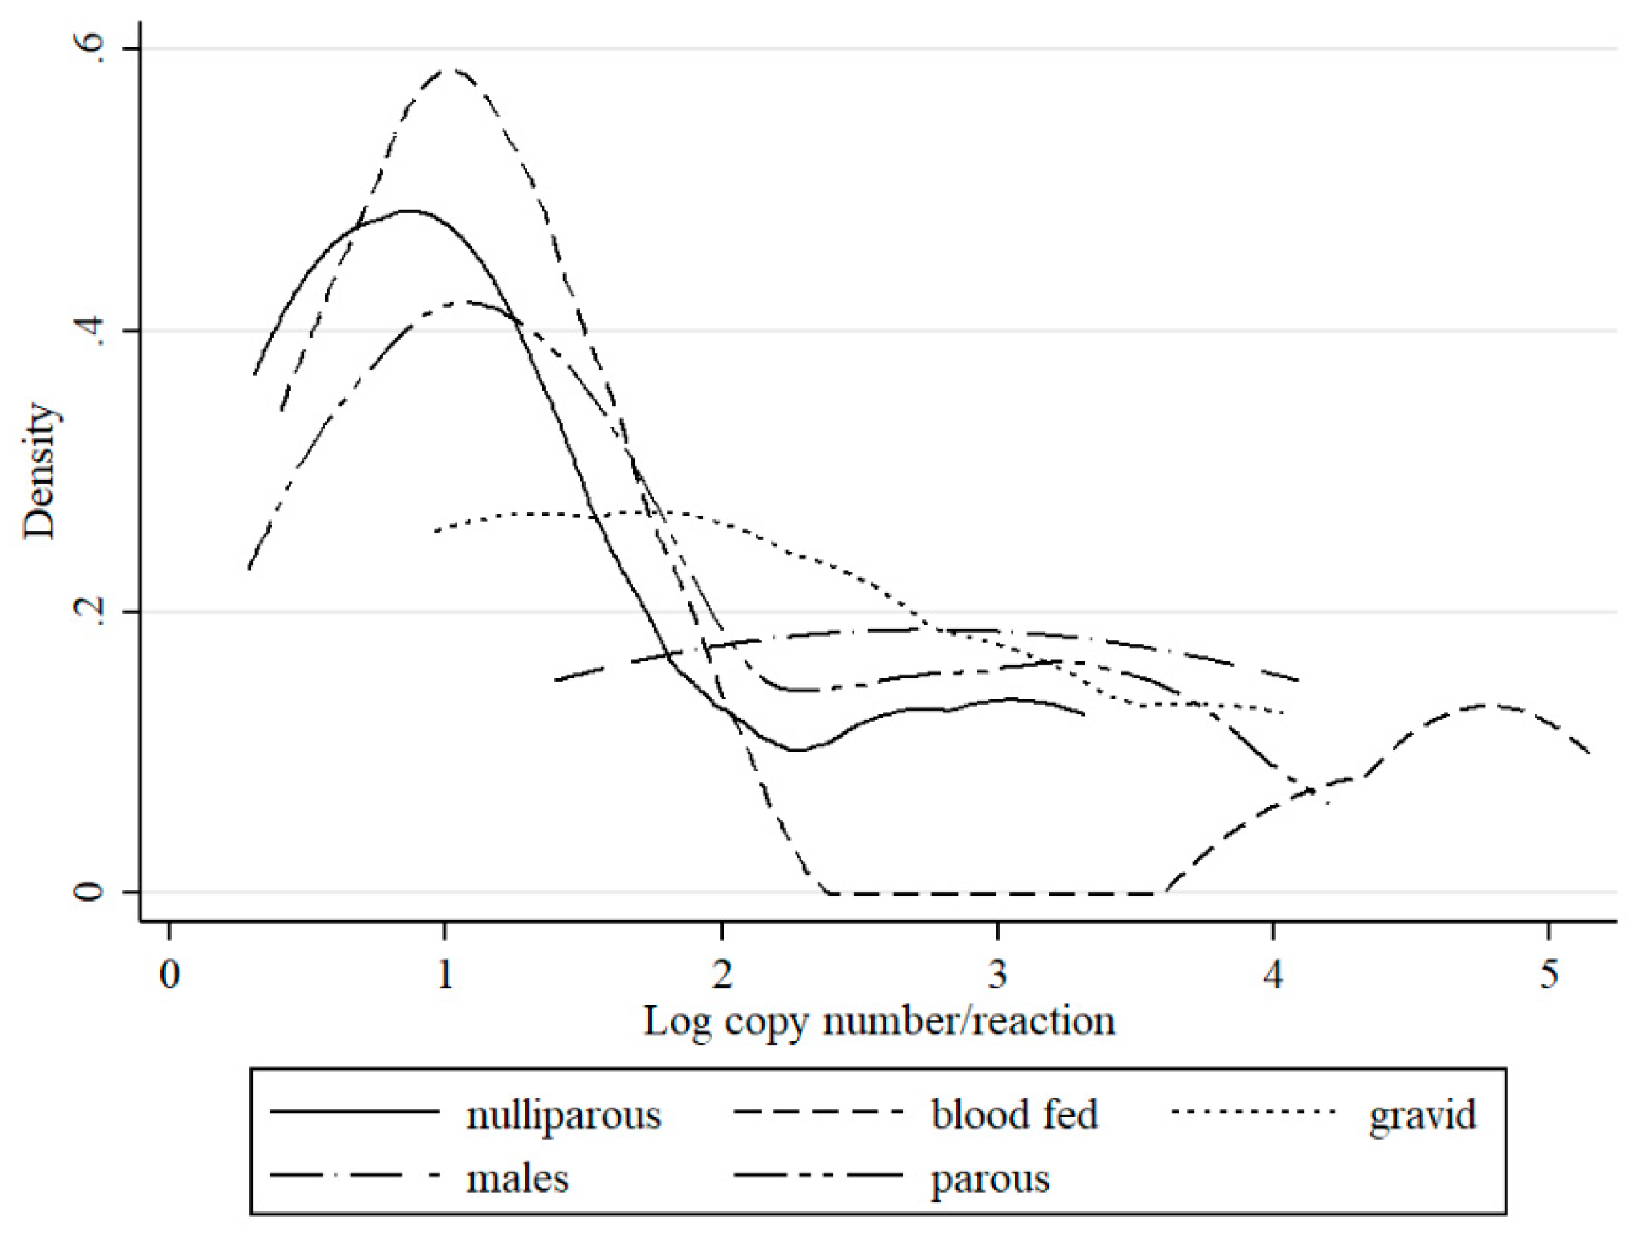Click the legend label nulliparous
tap(563, 1117)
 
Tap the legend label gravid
tap(1422, 1116)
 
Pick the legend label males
tap(517, 1179)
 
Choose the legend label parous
tap(989, 1181)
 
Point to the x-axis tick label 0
tap(169, 975)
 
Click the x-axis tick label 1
tap(445, 975)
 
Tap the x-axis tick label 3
tap(997, 975)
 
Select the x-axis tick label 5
tap(1549, 975)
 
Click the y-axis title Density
tap(39, 470)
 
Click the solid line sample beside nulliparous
tap(354, 1111)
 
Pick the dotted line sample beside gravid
tap(1253, 1111)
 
